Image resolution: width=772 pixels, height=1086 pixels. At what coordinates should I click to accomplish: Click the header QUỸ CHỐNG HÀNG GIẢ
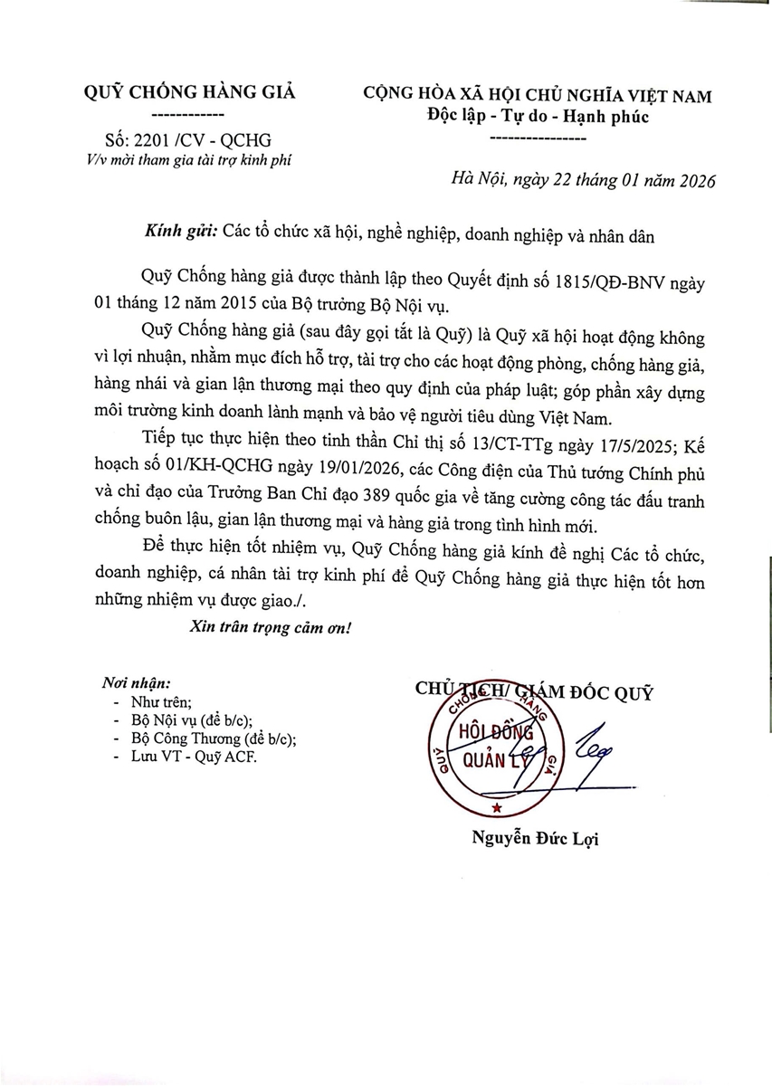(x=189, y=92)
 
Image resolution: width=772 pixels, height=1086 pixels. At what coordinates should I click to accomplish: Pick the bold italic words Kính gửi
(x=179, y=233)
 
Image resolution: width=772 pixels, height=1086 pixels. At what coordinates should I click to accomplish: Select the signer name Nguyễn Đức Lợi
(x=535, y=839)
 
